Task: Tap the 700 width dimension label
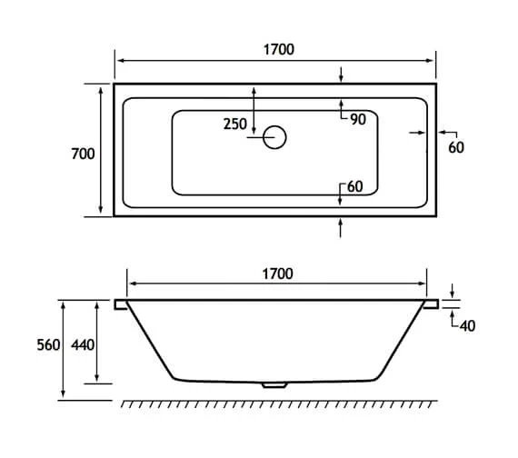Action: (83, 154)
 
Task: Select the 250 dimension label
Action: (234, 124)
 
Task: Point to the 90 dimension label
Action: (356, 119)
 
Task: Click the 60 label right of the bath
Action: (456, 147)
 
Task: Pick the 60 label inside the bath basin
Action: (354, 186)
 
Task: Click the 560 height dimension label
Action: (48, 345)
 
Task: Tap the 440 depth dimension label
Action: (83, 345)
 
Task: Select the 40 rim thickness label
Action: (468, 326)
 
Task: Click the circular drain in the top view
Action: (274, 138)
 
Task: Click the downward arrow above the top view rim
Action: (341, 77)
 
